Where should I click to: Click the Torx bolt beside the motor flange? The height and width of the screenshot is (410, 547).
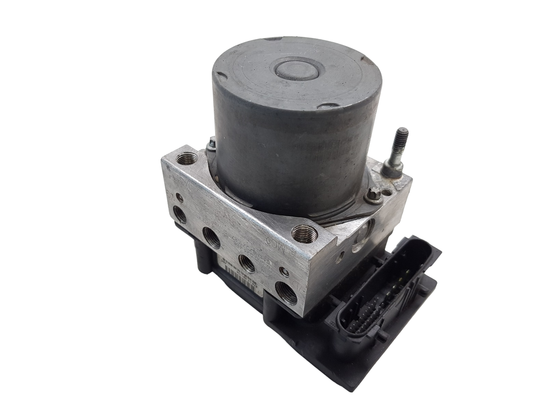pos(372,197)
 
